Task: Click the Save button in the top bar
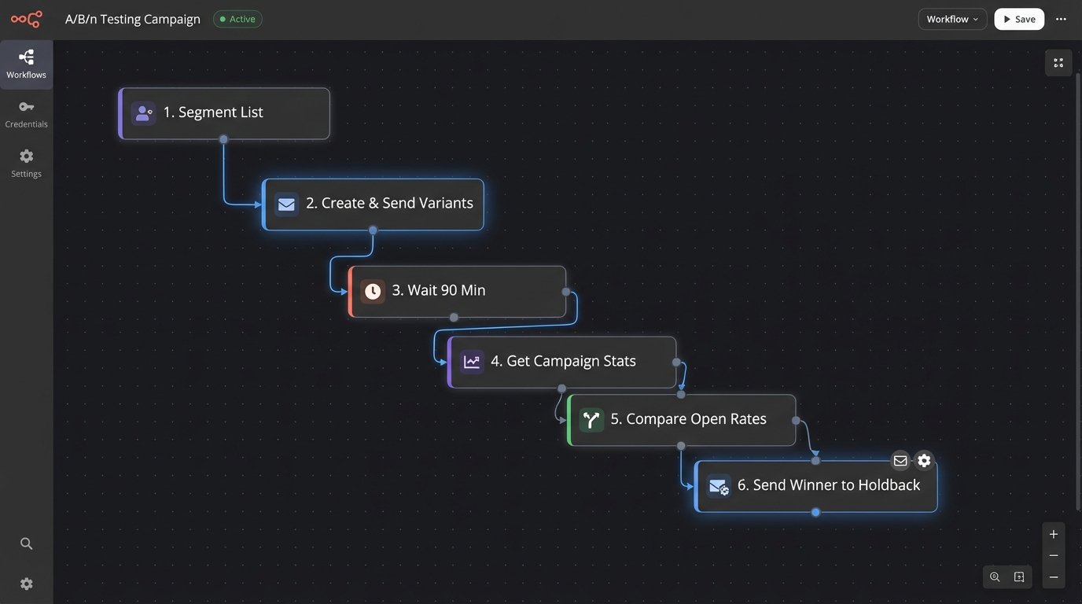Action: pos(1019,19)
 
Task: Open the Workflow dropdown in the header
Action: pos(952,19)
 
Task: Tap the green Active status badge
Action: pos(237,19)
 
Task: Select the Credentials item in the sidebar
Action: pos(26,114)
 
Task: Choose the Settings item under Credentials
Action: pos(26,163)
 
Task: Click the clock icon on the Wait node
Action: pos(373,291)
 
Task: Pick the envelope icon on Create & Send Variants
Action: pos(286,204)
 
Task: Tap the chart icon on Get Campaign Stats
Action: pos(472,362)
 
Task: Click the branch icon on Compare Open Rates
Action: pos(591,420)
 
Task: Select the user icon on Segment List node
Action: pos(143,113)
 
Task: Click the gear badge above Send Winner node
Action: pos(924,461)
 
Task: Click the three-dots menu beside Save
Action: pos(1061,19)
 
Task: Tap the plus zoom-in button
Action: pos(1054,534)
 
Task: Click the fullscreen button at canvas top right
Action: pos(1058,63)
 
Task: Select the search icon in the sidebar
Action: pos(26,543)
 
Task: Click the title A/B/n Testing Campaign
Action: pos(133,19)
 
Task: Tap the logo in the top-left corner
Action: pos(26,19)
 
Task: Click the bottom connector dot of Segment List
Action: pos(223,139)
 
